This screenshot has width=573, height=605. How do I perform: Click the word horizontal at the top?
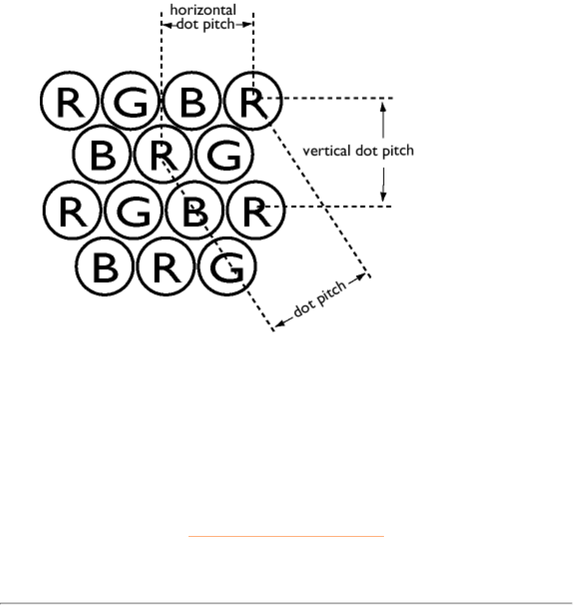(x=203, y=10)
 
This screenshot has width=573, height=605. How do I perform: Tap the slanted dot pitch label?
(x=320, y=299)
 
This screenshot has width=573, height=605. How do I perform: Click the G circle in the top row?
(x=130, y=102)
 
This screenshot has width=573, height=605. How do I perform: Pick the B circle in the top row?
(x=192, y=102)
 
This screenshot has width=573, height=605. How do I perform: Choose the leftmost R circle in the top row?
(x=69, y=102)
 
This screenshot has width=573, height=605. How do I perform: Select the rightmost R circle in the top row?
(x=253, y=102)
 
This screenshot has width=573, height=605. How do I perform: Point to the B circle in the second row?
(x=102, y=155)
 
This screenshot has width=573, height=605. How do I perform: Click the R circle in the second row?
(x=164, y=155)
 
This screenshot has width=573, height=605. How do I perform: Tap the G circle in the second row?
(x=224, y=155)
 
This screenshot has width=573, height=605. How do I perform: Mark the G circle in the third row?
(x=133, y=210)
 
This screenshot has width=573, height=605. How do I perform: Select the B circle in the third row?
(x=194, y=210)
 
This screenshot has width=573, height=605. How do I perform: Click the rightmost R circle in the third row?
(x=255, y=210)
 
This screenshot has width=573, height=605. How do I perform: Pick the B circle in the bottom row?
(x=105, y=267)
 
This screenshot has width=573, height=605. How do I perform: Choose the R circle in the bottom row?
(x=166, y=267)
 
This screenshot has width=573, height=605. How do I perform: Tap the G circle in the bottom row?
(x=227, y=267)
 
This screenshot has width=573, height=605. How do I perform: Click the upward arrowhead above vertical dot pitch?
(x=383, y=105)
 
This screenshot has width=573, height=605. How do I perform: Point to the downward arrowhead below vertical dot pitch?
(x=383, y=198)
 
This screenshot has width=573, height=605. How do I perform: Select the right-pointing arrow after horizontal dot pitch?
(x=243, y=24)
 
